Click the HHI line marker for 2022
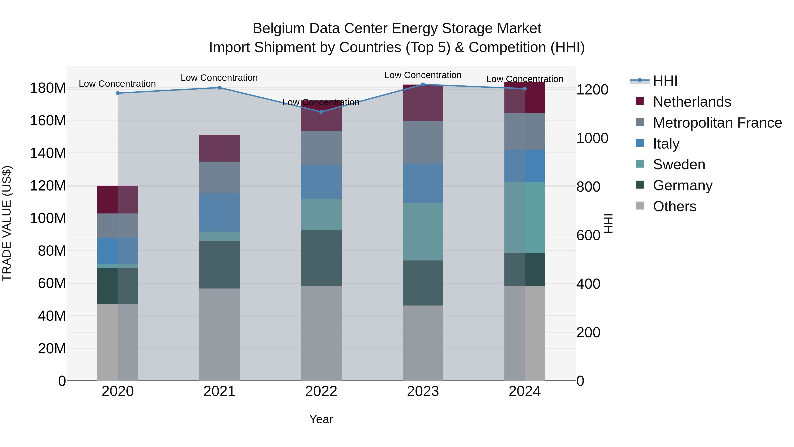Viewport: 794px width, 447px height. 321,112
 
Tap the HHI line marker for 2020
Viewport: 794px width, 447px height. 117,93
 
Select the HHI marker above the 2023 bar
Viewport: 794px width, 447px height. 423,85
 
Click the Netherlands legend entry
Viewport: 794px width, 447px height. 691,102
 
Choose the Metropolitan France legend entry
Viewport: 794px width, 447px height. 717,123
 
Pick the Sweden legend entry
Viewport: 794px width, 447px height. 679,164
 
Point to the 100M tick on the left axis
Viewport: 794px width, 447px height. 48,218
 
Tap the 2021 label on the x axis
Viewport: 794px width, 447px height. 219,391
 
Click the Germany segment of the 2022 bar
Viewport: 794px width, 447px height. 321,258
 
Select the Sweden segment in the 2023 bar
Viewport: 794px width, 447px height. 423,232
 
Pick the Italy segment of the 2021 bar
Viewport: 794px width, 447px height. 219,212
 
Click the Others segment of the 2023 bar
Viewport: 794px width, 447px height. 423,343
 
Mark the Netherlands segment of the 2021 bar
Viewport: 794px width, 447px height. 219,148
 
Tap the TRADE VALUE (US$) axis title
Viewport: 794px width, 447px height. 7,223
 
